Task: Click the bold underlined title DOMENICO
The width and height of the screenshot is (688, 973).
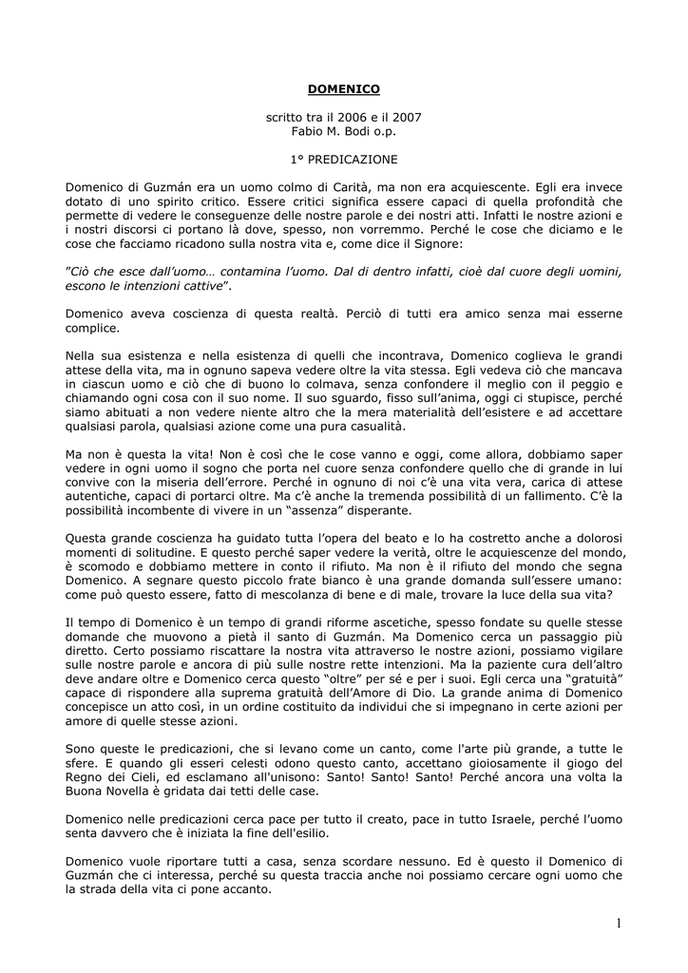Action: point(344,89)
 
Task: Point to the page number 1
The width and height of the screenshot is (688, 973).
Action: point(617,923)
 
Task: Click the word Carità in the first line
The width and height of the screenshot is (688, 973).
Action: point(336,187)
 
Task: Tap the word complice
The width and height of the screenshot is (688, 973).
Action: point(92,328)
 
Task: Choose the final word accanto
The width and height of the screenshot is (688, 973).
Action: point(245,889)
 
